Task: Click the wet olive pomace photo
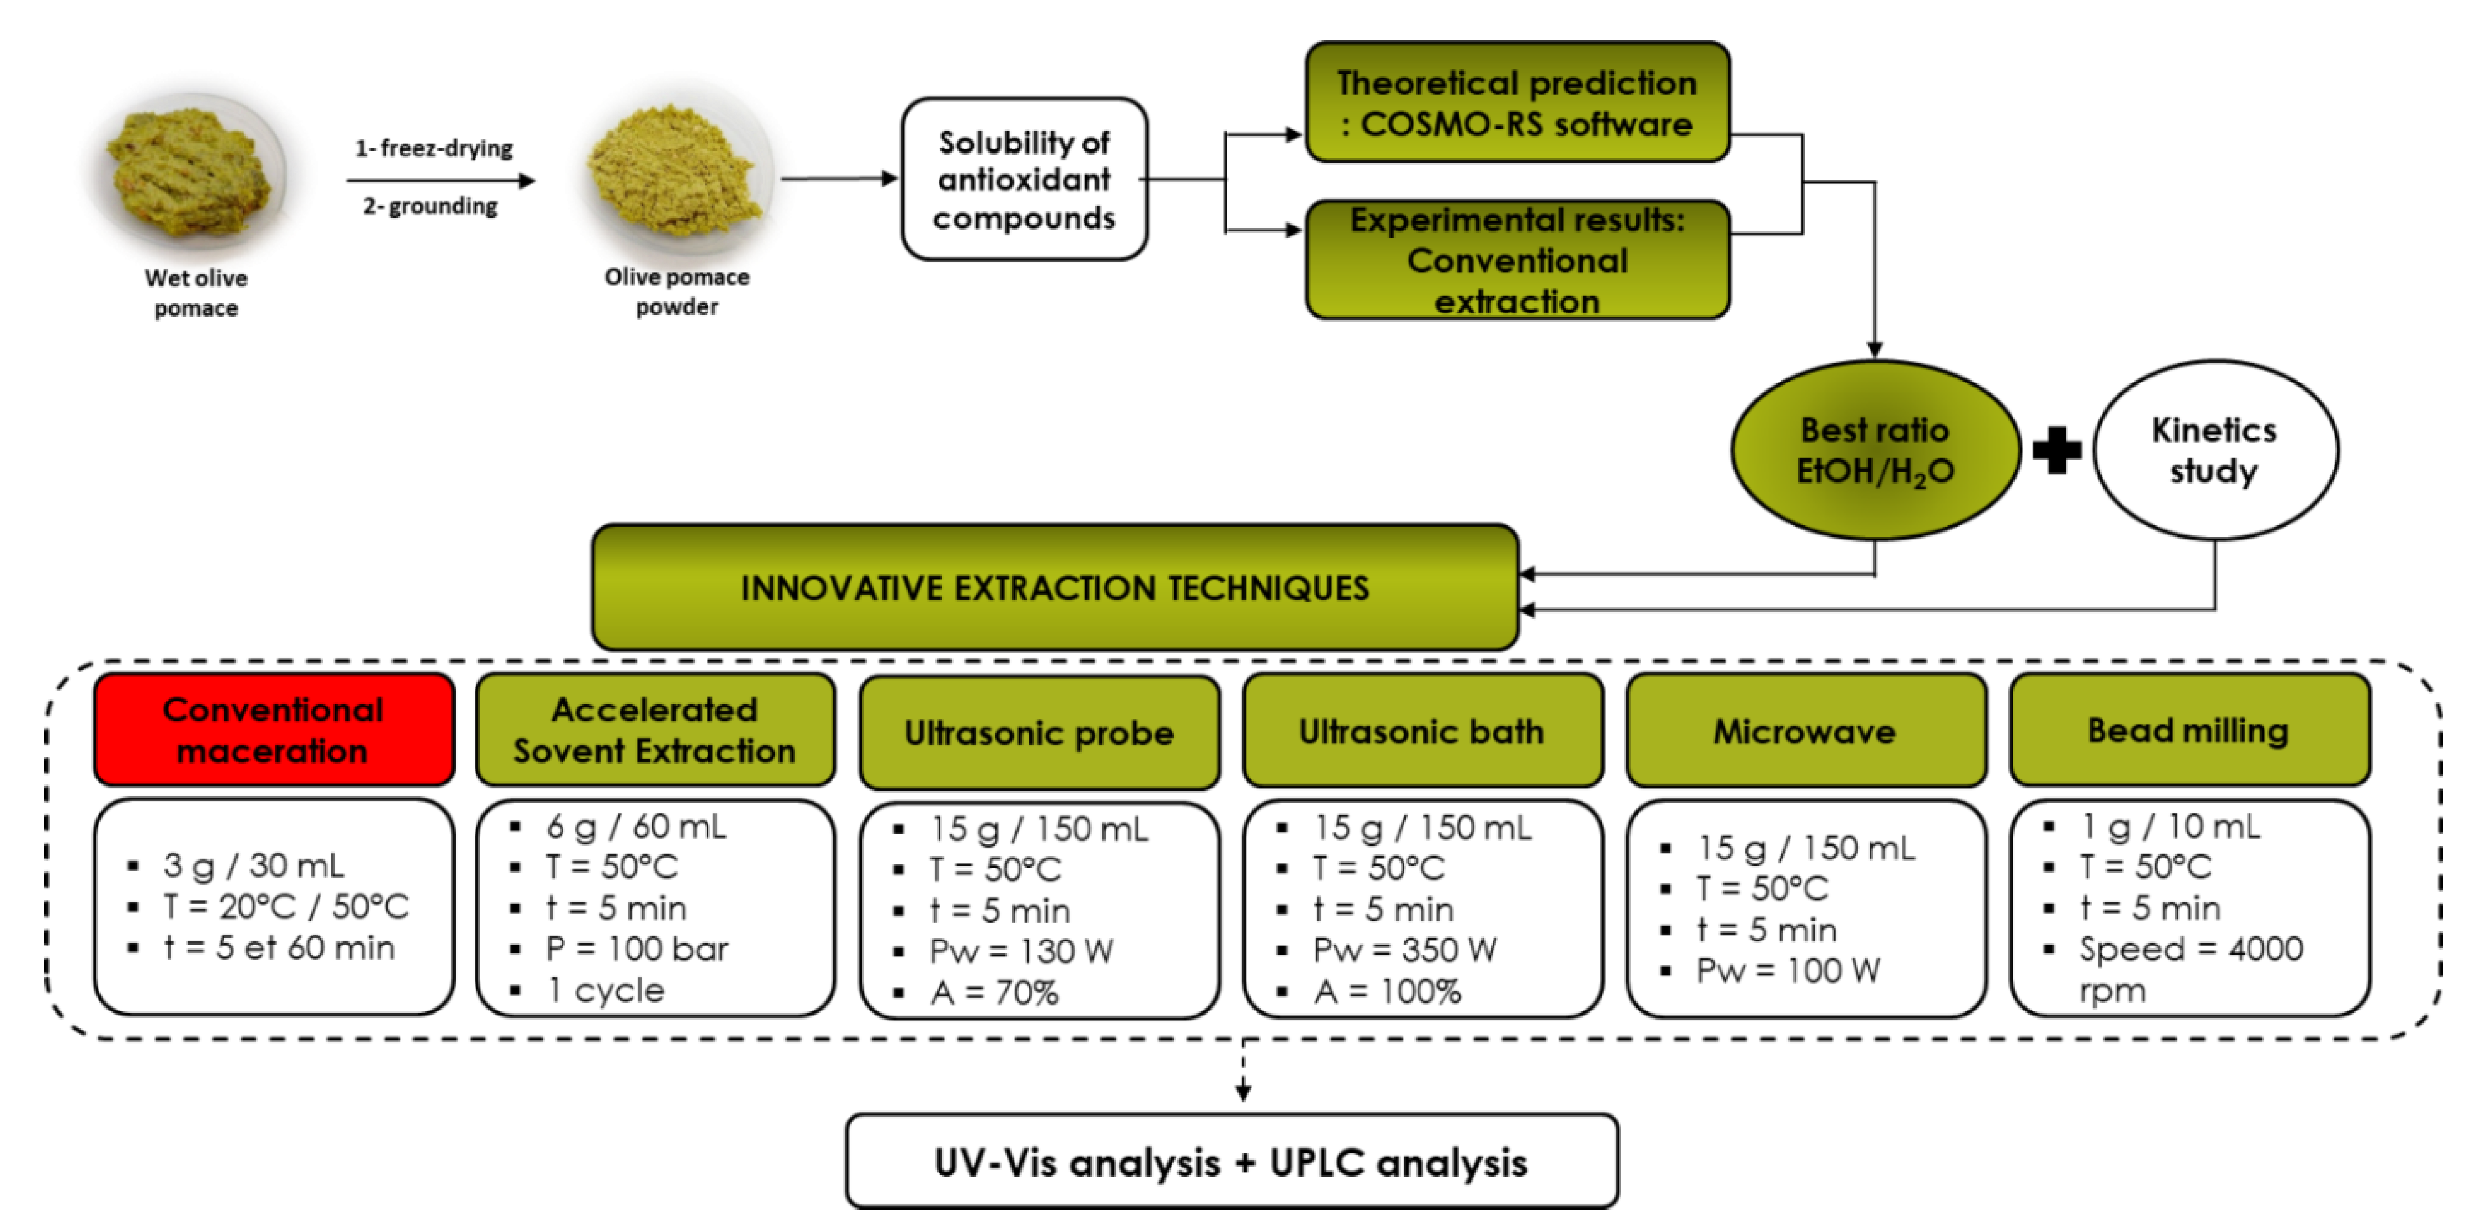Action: click(193, 173)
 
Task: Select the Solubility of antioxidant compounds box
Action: click(1024, 180)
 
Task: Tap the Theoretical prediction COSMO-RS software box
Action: click(1517, 103)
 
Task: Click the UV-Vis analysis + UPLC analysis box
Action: click(1231, 1162)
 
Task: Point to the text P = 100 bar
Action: click(637, 949)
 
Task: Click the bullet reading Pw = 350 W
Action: click(1404, 950)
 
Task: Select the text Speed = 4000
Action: click(2190, 949)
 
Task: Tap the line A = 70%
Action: click(994, 992)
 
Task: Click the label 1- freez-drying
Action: click(434, 148)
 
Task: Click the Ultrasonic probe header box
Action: click(1039, 733)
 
